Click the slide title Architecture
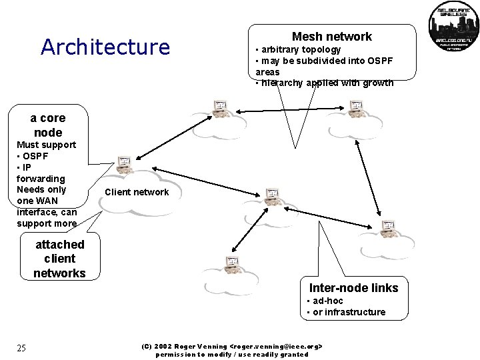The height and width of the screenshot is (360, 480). tap(105, 47)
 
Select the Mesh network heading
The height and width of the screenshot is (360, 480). tap(331, 37)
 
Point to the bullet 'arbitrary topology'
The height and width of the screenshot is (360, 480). tap(300, 49)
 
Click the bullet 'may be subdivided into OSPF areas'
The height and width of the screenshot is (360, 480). tap(324, 66)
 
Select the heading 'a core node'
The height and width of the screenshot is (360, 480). tap(48, 125)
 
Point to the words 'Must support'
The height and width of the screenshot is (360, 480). tap(46, 145)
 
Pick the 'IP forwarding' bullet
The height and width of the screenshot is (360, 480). tap(41, 173)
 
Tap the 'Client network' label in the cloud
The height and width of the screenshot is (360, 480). tap(137, 192)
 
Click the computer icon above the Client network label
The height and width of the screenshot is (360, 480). tap(124, 164)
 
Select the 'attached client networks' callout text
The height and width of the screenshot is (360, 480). tap(59, 259)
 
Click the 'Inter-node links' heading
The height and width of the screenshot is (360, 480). tap(353, 288)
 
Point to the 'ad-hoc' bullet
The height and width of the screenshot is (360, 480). tap(328, 301)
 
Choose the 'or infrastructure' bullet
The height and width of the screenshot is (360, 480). tap(349, 312)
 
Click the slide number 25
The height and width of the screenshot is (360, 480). tap(21, 348)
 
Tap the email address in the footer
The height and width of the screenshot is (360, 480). tap(277, 347)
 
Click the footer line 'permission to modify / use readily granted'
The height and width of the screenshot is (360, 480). tap(232, 355)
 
